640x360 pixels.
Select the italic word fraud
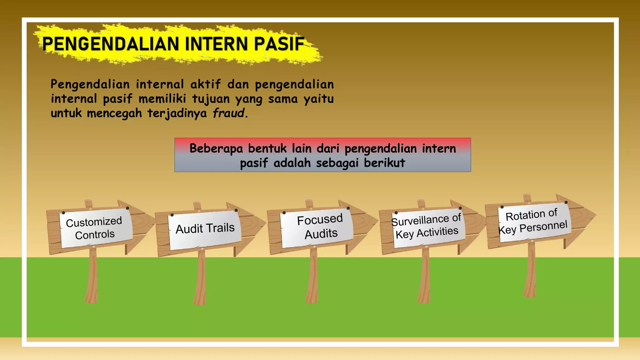[x=228, y=113]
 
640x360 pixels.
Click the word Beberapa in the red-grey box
[x=216, y=148]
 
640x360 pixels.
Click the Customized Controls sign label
[x=94, y=228]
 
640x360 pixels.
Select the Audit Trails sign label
[x=205, y=228]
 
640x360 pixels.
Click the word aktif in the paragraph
[x=205, y=84]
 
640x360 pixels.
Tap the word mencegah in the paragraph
[x=114, y=113]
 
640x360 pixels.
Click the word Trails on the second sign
[x=220, y=227]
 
